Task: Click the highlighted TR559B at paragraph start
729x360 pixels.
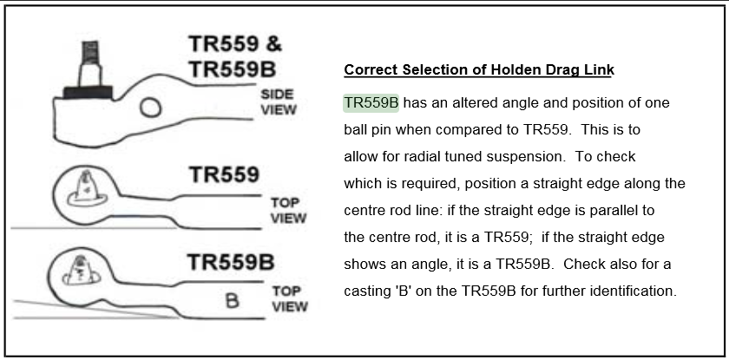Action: tap(371, 102)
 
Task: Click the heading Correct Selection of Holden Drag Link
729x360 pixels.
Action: tap(479, 69)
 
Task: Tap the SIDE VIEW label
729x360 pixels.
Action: tap(278, 102)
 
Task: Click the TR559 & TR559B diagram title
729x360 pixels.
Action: tap(235, 56)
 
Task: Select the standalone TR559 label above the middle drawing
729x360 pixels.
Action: tap(224, 175)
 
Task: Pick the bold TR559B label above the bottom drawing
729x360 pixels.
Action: tap(231, 262)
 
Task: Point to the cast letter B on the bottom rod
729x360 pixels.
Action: tap(232, 300)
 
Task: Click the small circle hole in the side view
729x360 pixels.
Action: tap(151, 108)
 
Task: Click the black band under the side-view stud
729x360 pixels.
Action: tap(88, 93)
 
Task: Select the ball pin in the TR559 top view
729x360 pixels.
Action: tap(87, 189)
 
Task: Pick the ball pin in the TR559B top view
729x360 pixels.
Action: tap(81, 270)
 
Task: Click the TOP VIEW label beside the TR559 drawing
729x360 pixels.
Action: tap(288, 211)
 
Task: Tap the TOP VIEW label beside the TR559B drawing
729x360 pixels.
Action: tap(290, 299)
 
